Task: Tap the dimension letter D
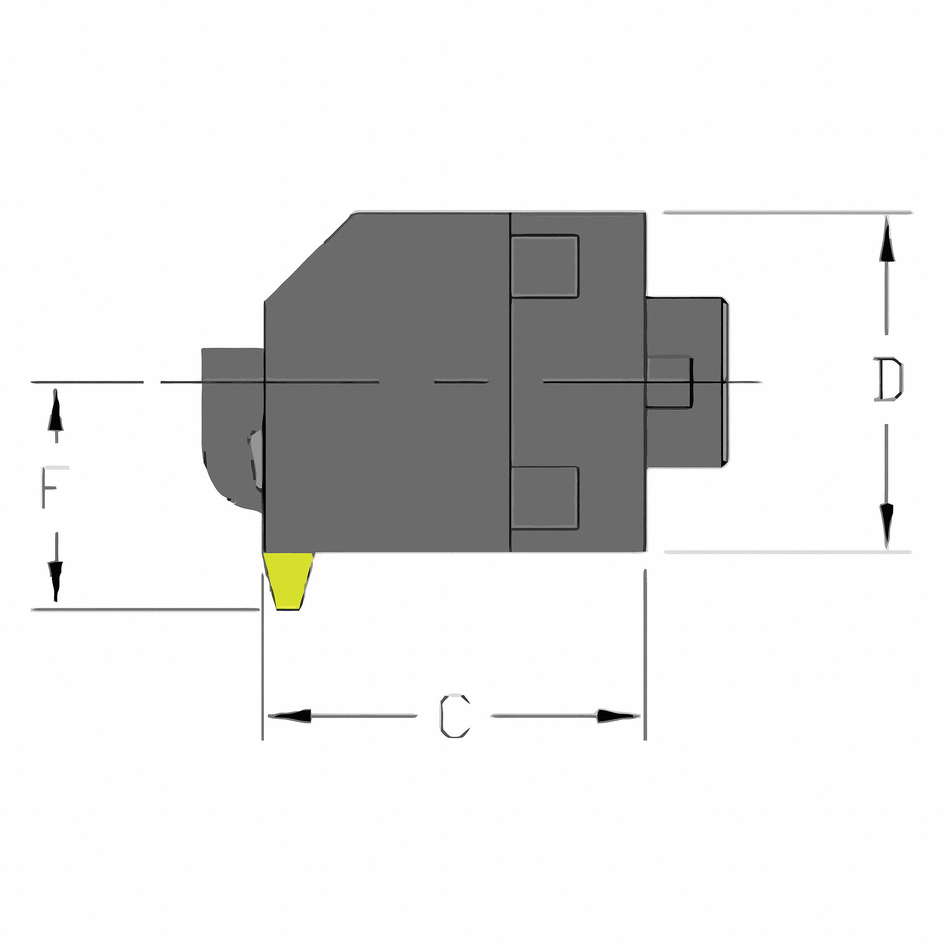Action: coord(888,379)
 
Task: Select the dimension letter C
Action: coord(455,716)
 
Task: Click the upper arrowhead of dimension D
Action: coord(887,247)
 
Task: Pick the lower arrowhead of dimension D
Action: coord(887,520)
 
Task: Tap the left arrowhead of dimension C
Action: coord(291,716)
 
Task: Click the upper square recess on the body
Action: coord(544,266)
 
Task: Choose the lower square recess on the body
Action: coord(544,498)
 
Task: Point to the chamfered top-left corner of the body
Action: coord(308,256)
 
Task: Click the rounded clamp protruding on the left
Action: coord(230,430)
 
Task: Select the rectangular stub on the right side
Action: coord(686,381)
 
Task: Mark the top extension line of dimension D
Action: coord(787,212)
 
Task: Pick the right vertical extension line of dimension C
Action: coord(645,655)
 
